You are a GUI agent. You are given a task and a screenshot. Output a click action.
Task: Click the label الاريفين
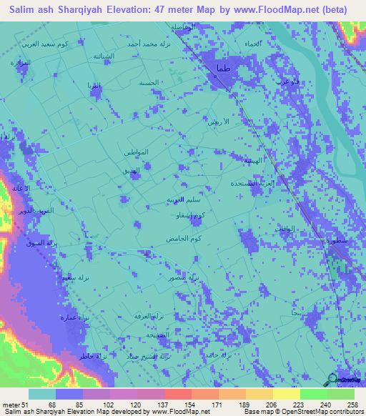pos(217,123)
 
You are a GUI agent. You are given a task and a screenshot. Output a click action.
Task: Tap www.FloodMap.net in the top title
pos(272,9)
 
